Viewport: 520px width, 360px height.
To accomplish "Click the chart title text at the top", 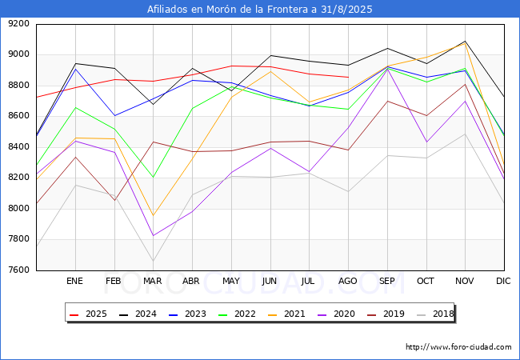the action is pos(260,10).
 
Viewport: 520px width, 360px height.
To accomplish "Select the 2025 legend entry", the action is pos(88,314).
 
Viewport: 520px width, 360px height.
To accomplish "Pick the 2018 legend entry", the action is pos(435,314).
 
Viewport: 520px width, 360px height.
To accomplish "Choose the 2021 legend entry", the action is pos(286,314).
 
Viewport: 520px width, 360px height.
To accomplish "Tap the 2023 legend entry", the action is pos(187,314).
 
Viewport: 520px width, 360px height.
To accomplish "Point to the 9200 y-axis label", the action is pos(19,24).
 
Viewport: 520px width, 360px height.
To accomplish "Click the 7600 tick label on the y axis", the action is pos(19,270).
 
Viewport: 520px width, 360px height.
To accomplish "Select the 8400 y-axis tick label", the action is pos(19,147).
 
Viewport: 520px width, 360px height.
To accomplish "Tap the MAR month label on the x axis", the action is pos(153,281).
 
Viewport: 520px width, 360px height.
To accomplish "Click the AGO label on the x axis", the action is pos(347,281).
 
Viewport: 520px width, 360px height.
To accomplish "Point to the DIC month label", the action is pos(503,281).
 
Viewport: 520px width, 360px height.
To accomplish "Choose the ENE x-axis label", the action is pos(74,281).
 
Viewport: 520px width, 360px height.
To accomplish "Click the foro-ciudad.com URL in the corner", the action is pos(458,347).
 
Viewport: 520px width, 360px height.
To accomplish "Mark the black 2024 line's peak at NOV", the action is pos(466,42).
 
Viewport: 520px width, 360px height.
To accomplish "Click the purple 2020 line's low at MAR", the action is pos(154,236).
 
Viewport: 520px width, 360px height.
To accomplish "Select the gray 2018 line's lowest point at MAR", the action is pos(154,262).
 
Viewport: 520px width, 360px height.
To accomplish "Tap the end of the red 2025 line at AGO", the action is pos(348,78).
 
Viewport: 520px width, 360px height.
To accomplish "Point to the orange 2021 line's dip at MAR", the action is pos(154,216).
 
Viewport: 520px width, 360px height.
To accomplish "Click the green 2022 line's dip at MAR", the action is pos(154,178).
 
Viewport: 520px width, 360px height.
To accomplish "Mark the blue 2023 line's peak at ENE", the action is pos(76,69).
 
